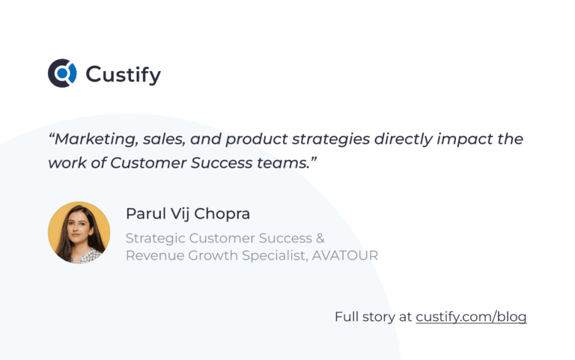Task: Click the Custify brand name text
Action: [124, 74]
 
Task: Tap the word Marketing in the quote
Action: [91, 139]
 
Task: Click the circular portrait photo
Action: [79, 232]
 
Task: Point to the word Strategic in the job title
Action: [156, 239]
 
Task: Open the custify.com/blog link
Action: [471, 317]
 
